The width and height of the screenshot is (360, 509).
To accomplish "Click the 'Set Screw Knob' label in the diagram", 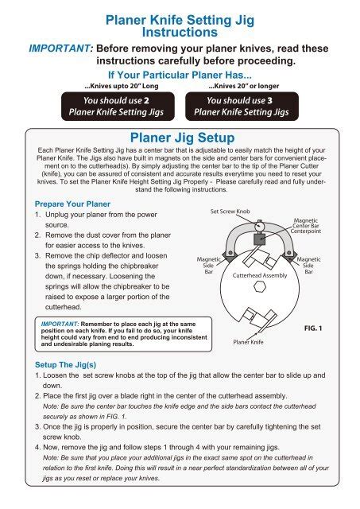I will [230, 212].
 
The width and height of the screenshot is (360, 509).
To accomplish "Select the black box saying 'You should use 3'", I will [248, 107].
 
